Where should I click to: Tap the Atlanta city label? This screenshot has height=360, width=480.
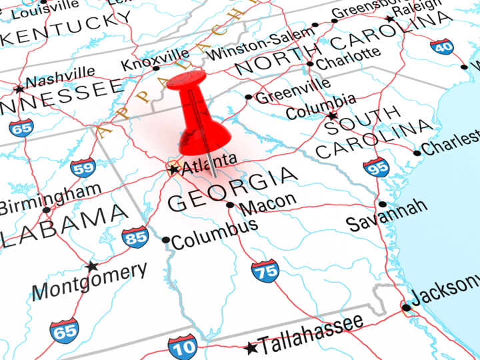(x=209, y=161)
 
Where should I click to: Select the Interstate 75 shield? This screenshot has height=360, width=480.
(x=265, y=271)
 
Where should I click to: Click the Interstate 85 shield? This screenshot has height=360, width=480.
(x=135, y=237)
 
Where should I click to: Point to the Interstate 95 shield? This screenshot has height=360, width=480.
(x=377, y=167)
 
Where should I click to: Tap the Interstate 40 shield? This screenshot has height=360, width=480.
(x=441, y=47)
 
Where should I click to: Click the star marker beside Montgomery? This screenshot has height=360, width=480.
(x=92, y=267)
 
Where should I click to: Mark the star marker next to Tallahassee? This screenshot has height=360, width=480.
(x=251, y=348)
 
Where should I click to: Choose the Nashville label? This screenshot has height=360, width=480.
(x=60, y=77)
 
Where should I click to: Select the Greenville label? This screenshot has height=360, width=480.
(x=293, y=91)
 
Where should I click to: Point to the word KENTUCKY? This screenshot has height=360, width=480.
(x=67, y=27)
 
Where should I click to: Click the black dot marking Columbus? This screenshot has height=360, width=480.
(x=166, y=240)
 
